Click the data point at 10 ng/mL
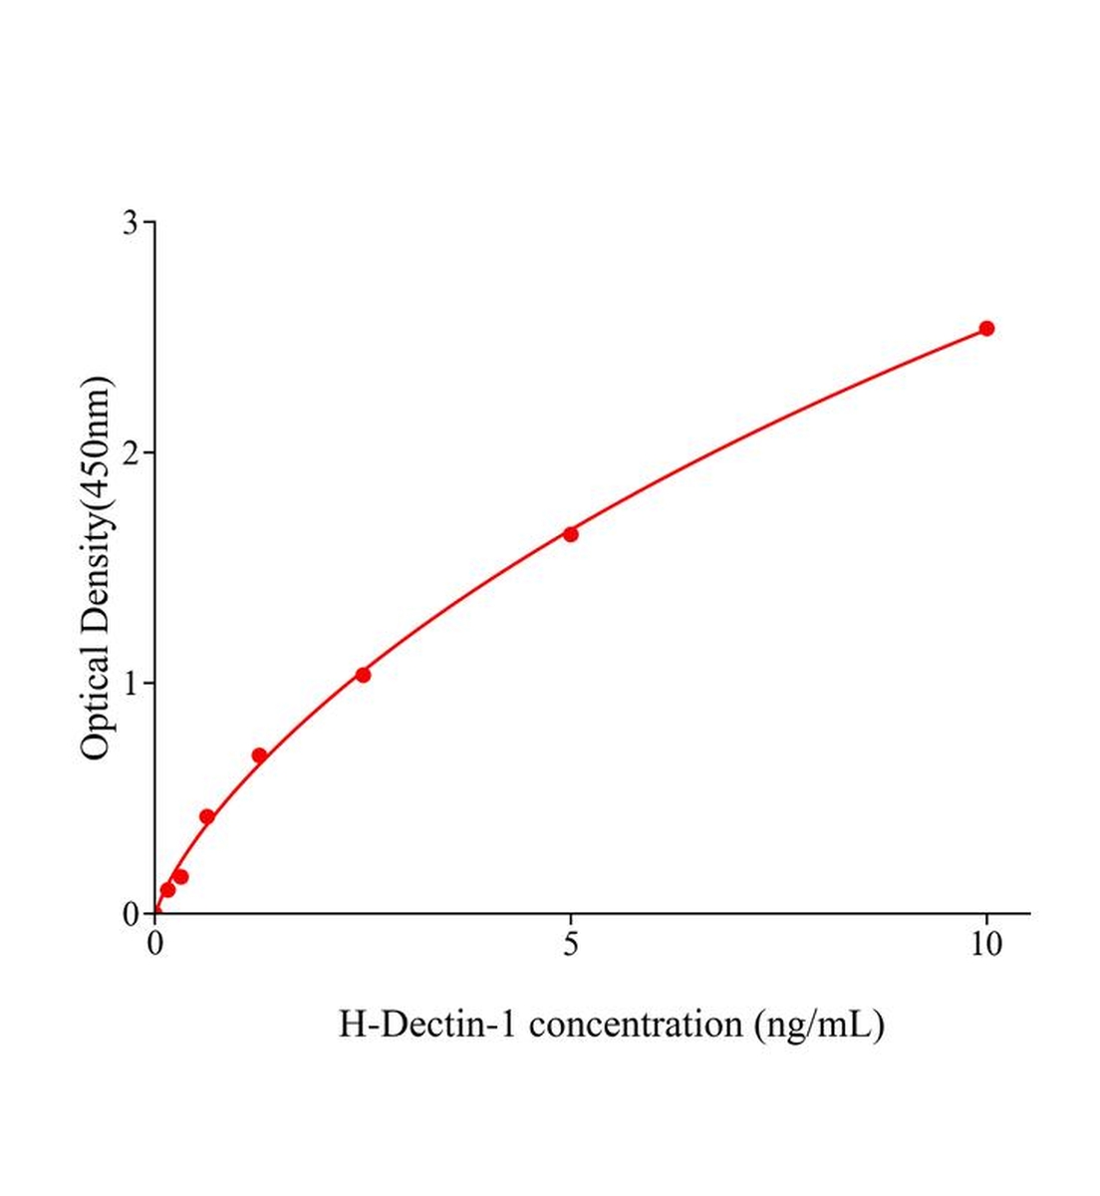click(986, 328)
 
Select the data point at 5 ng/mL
click(571, 534)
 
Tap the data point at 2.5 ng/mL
click(363, 675)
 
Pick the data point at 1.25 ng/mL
click(259, 755)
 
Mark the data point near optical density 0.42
click(207, 816)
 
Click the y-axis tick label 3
click(131, 222)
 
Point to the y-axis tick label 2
click(131, 452)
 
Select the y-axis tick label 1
click(131, 683)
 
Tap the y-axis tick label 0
click(131, 913)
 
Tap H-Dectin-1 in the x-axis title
click(427, 1024)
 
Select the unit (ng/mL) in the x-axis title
click(819, 1024)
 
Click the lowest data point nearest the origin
click(167, 889)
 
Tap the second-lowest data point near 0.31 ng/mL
click(180, 877)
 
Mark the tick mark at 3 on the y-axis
click(149, 222)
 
